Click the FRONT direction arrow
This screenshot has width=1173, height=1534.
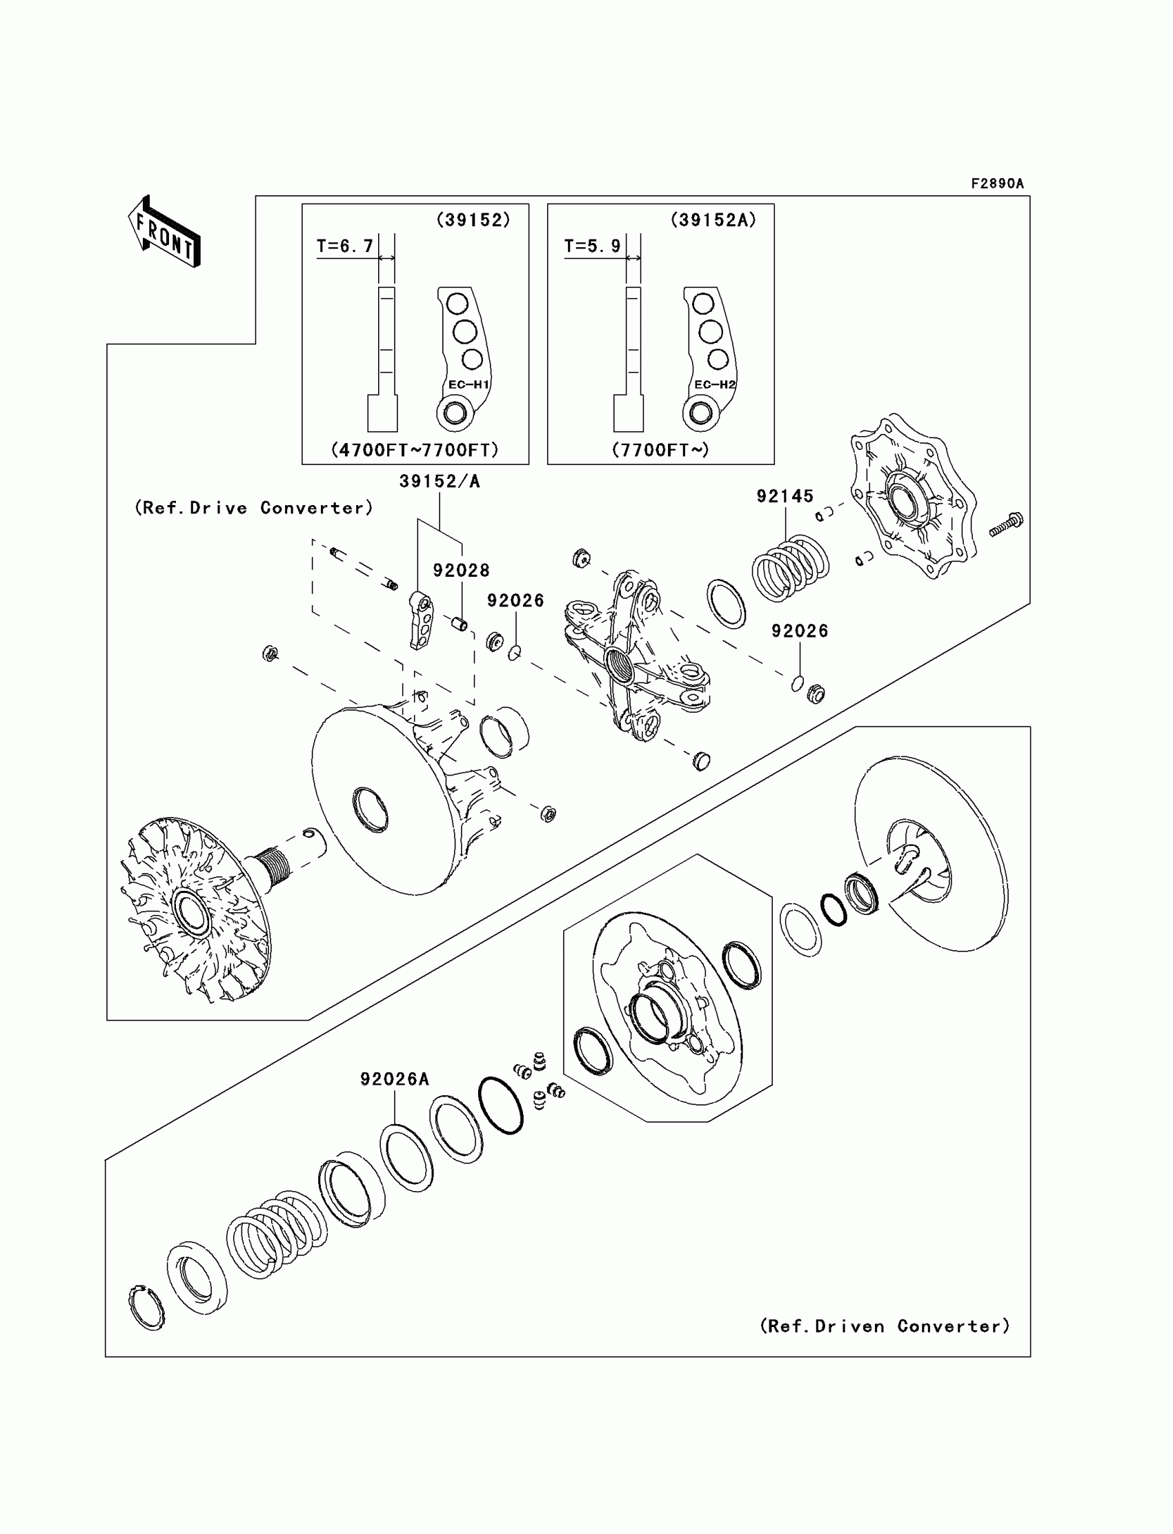coord(165,233)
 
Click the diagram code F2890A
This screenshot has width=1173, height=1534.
coord(996,184)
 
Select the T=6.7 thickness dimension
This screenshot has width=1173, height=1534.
coord(345,246)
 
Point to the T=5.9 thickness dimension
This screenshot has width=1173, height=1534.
coord(592,246)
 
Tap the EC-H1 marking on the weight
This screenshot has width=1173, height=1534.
coord(469,385)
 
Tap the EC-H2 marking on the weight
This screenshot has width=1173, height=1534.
coord(715,385)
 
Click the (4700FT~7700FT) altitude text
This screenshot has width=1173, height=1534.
coord(415,451)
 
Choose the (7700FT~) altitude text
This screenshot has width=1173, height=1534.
coord(660,451)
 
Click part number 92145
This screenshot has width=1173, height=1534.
coord(785,496)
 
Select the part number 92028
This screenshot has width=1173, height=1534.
coord(461,571)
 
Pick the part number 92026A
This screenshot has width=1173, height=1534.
coord(395,1079)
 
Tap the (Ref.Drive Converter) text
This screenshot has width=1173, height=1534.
coord(253,509)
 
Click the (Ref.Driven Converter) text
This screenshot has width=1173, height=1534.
coord(885,1326)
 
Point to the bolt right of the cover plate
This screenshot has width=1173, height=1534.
coord(1007,524)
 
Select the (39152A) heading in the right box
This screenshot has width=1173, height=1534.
coord(713,221)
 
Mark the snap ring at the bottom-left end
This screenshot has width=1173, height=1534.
coord(146,1307)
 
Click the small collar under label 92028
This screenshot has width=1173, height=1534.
coord(458,623)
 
